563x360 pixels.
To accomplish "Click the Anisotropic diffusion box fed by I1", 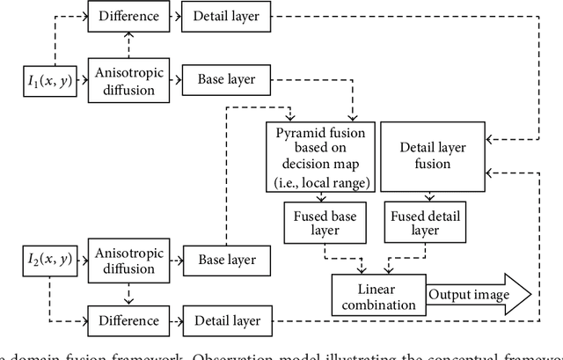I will click(128, 80).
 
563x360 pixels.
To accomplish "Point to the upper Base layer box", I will click(226, 80).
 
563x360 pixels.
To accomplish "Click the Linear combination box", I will click(377, 295).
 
